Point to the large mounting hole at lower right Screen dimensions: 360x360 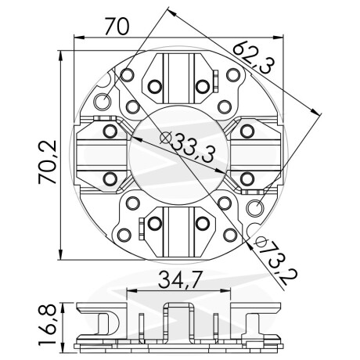tap(254, 207)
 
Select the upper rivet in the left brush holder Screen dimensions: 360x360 tap(110, 130)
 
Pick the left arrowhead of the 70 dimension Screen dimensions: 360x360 tap(76, 37)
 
